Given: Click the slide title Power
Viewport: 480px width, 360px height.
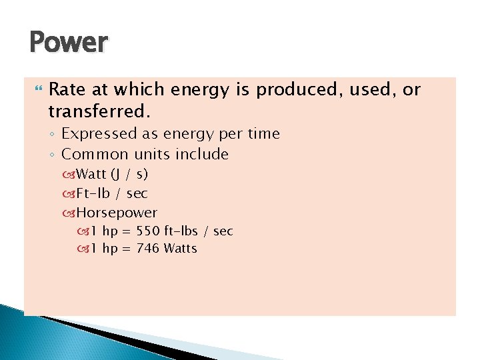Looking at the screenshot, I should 68,43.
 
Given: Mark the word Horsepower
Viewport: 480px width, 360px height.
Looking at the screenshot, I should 117,213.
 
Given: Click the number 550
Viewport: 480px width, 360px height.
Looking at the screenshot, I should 147,231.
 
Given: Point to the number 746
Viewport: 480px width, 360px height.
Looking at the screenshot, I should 147,249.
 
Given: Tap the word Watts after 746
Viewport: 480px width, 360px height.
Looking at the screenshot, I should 180,249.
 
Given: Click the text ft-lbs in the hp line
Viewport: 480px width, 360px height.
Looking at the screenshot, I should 181,231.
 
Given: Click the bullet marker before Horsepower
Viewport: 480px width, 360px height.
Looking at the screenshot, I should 69,214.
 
